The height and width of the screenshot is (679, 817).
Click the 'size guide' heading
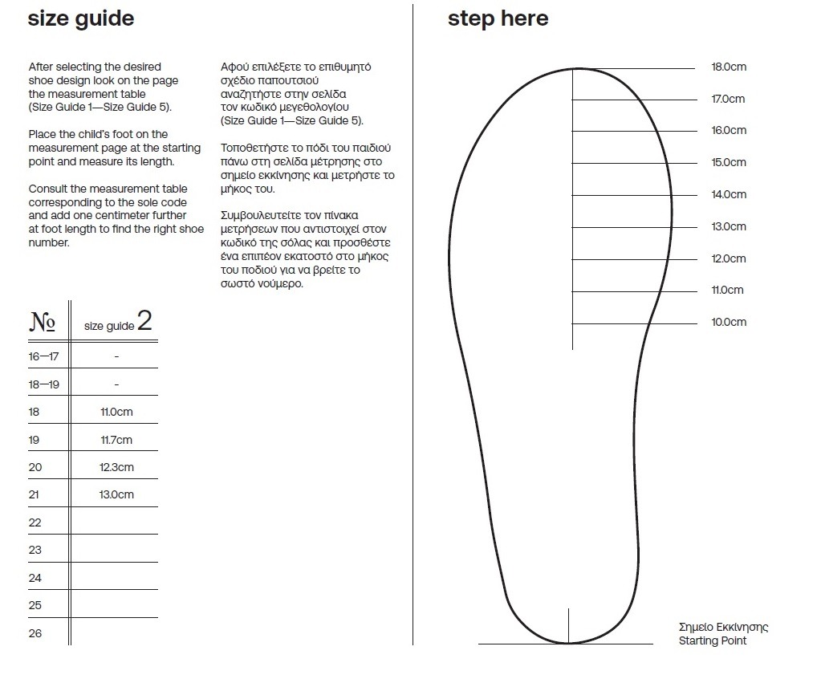click(81, 18)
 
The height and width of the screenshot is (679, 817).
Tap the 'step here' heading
click(498, 18)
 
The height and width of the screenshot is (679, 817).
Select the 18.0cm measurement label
click(729, 67)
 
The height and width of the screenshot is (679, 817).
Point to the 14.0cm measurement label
click(729, 195)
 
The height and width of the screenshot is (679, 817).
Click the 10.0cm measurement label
click(729, 323)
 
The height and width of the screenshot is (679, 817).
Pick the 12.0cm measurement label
click(729, 259)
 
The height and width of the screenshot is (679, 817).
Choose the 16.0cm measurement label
click(729, 131)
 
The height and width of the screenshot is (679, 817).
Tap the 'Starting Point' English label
click(713, 641)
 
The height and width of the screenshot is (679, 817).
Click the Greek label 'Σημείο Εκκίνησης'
click(723, 628)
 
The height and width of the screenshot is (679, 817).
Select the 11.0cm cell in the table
click(116, 413)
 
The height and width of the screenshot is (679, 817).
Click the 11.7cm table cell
click(116, 440)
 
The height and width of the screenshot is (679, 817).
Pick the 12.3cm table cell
click(116, 467)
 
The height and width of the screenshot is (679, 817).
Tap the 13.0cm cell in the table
click(116, 494)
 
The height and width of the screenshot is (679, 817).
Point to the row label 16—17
click(43, 356)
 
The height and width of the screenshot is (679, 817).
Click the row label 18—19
click(43, 384)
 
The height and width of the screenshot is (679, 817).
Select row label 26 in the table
click(35, 633)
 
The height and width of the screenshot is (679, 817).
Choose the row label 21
click(34, 494)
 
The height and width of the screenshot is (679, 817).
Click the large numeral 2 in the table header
click(144, 322)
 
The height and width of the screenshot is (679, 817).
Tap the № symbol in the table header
click(42, 323)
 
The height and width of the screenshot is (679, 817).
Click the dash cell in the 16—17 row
click(116, 356)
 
